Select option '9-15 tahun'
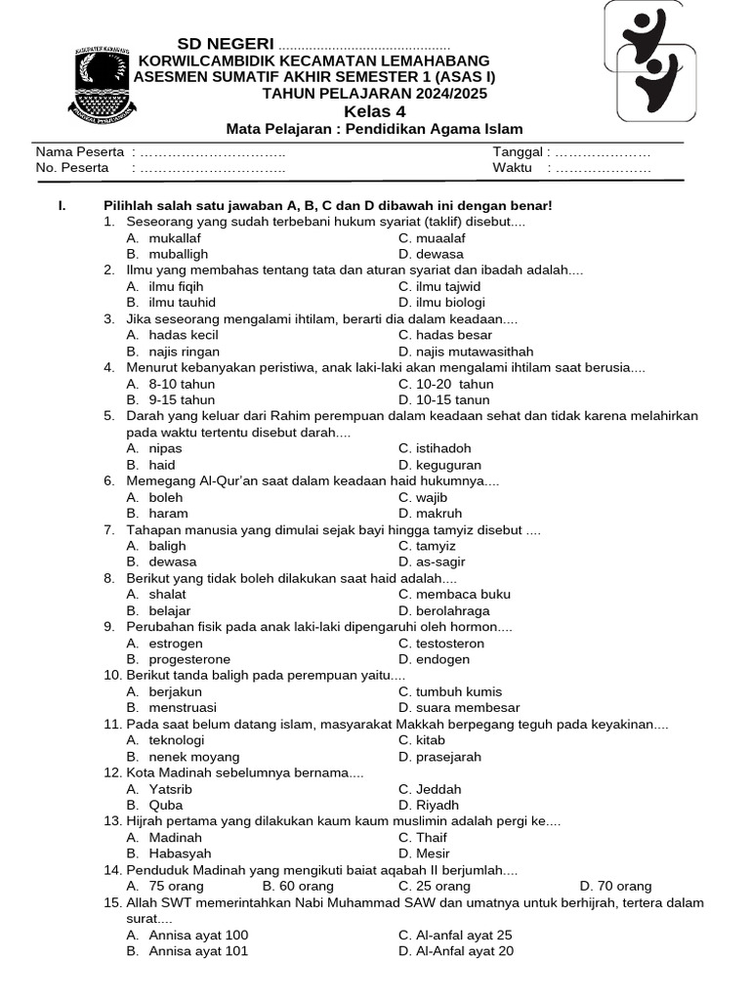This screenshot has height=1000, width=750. (182, 400)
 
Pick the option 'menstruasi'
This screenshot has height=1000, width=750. (183, 708)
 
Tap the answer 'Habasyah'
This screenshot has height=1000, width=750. (180, 854)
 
